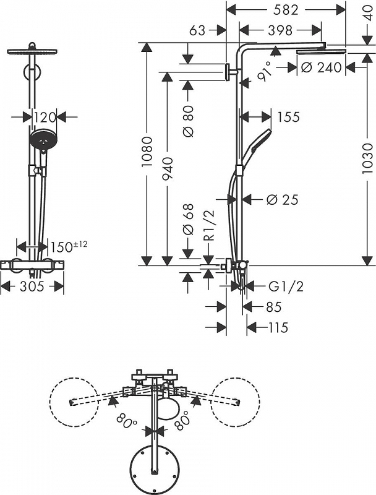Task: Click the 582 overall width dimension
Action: click(x=285, y=10)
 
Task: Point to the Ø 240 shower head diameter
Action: click(x=322, y=68)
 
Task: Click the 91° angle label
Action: click(x=259, y=73)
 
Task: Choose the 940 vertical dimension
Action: click(x=168, y=168)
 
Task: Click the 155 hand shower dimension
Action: click(x=288, y=116)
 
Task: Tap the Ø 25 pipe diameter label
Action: click(x=283, y=199)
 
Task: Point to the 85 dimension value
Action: click(x=273, y=306)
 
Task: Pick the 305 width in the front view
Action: click(x=32, y=286)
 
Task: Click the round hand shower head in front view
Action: click(x=43, y=140)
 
